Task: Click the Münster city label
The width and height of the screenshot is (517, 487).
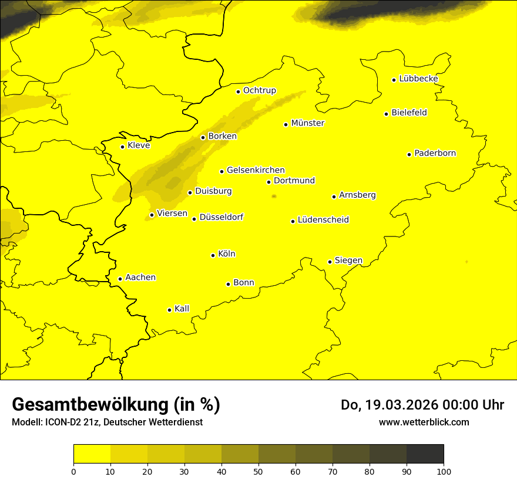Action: [307, 123]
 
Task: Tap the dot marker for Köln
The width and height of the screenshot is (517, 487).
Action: [213, 255]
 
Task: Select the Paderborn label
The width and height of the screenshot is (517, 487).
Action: [435, 153]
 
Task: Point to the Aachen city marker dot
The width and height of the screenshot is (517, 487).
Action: [120, 279]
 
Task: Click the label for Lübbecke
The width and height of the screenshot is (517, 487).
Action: [418, 79]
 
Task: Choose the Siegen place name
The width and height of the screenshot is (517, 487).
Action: [348, 261]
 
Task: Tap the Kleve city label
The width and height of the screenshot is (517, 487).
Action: [139, 146]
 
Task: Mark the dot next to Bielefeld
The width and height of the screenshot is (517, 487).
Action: [386, 114]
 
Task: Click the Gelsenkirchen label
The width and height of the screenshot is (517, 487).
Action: [256, 170]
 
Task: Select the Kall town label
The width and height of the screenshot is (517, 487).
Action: [182, 309]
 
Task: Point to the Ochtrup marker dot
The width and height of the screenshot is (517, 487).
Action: [238, 92]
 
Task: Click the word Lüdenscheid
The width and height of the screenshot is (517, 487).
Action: [323, 220]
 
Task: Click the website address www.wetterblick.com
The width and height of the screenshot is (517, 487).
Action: [424, 422]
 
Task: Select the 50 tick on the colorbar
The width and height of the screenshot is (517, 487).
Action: [258, 471]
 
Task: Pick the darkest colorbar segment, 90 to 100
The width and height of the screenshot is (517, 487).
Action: [425, 454]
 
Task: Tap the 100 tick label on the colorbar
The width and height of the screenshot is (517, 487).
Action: [444, 471]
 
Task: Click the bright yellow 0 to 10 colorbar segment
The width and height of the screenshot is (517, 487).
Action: [92, 454]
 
